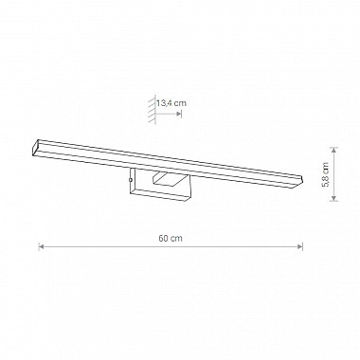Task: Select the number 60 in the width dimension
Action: coord(164,238)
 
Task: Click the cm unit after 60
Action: coord(177,239)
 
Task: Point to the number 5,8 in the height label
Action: coord(326,182)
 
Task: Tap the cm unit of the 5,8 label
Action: coord(326,168)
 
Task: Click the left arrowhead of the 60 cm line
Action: coord(41,246)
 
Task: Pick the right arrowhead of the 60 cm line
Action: coord(300,246)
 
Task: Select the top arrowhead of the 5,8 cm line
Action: coord(333,150)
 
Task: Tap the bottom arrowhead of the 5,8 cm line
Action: coord(333,198)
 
